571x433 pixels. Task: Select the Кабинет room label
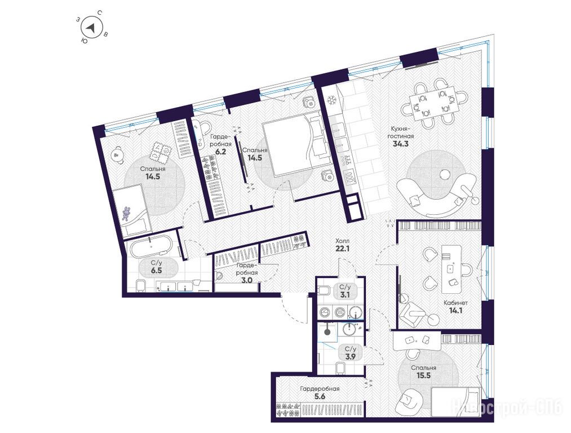click(455, 303)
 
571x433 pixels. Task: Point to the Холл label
click(342, 241)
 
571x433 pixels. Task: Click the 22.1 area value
click(342, 249)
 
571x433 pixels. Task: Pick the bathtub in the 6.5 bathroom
click(151, 246)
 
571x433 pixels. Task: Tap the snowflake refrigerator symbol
click(332, 100)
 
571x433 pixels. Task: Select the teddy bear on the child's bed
click(127, 214)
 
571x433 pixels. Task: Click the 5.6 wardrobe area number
click(320, 396)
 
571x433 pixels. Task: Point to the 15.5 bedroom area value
click(423, 375)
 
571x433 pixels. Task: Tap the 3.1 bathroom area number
click(344, 295)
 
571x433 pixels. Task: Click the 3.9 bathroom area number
click(350, 356)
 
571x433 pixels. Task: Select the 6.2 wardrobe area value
click(221, 152)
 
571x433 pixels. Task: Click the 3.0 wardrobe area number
click(246, 280)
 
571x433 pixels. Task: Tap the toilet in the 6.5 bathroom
click(140, 286)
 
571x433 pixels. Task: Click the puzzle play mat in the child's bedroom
click(161, 151)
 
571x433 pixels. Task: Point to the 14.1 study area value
click(455, 311)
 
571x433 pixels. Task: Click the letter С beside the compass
click(99, 13)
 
